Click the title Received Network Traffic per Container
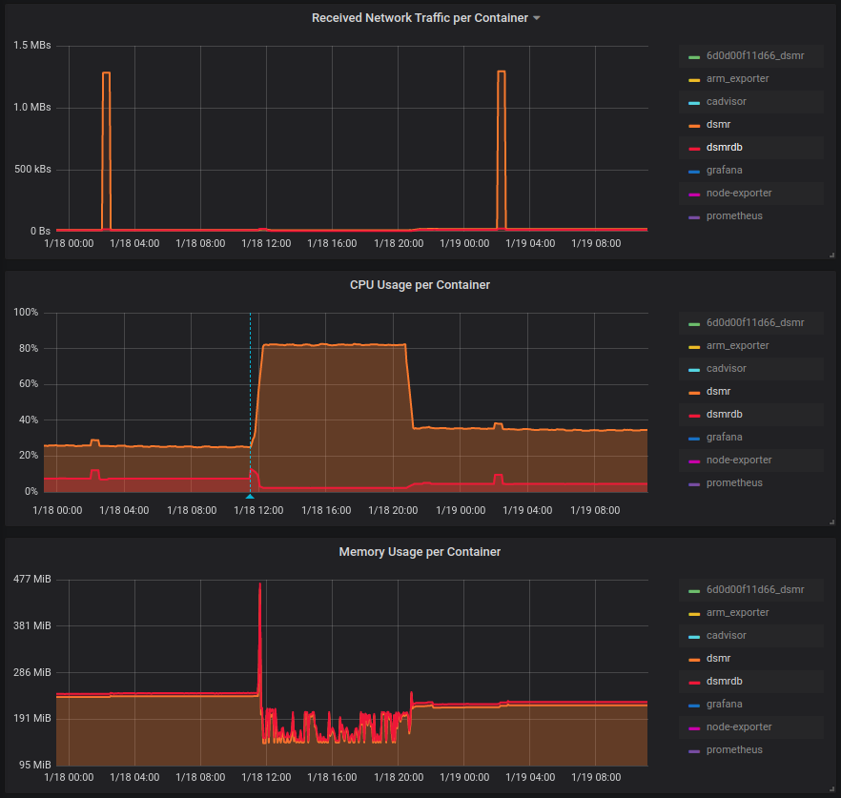[420, 18]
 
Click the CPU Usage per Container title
[420, 285]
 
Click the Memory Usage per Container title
[420, 552]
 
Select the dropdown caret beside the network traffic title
[537, 18]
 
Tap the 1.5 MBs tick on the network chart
[32, 46]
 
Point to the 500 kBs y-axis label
[32, 170]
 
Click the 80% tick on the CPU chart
[26, 349]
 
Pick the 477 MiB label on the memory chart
[32, 580]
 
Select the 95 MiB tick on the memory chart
[35, 765]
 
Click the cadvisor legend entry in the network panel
[727, 101]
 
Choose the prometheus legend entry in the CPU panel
[734, 482]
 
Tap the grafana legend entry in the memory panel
[725, 704]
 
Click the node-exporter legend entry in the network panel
[739, 193]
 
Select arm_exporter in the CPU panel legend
[737, 345]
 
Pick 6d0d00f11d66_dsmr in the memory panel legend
[755, 589]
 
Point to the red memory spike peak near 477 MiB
[259, 584]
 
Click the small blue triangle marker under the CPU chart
[250, 497]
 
